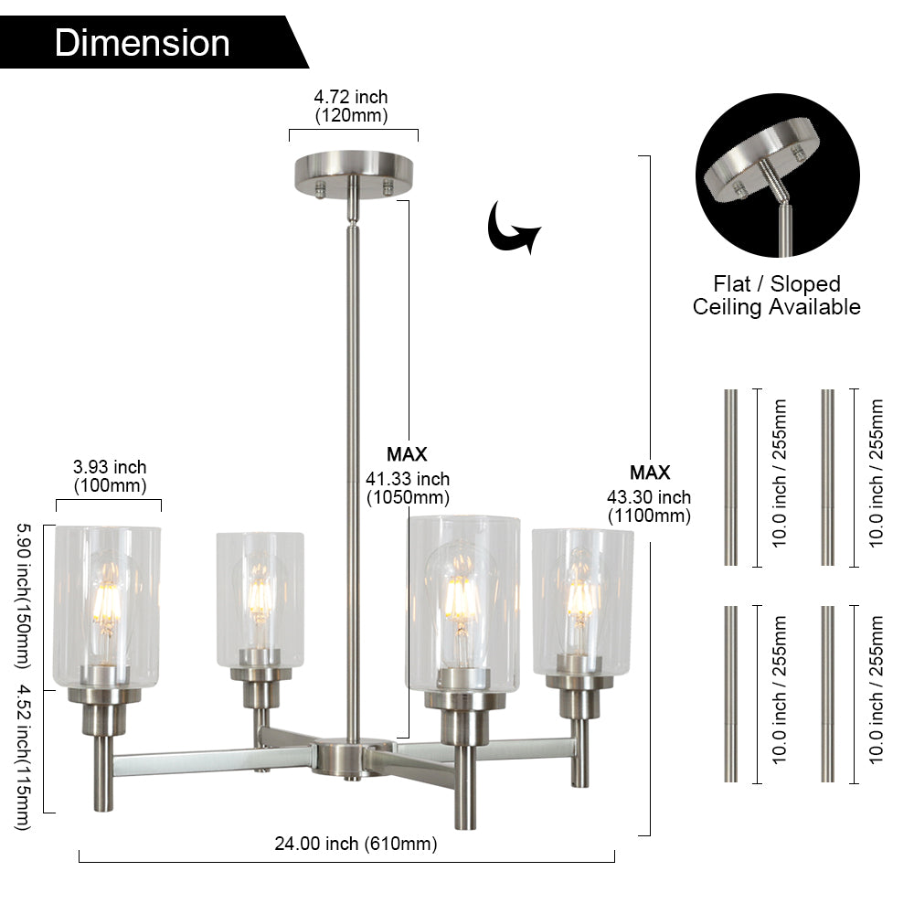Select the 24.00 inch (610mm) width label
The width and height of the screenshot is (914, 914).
click(356, 844)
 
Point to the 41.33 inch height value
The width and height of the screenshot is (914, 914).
click(408, 479)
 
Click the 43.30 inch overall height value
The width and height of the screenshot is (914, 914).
click(649, 498)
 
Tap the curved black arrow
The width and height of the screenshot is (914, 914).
click(512, 228)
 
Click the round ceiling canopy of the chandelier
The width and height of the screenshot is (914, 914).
click(354, 171)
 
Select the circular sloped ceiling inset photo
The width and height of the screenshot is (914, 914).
click(777, 187)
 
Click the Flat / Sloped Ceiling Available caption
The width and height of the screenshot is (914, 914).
click(777, 295)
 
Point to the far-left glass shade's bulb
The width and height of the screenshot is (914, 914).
click(107, 603)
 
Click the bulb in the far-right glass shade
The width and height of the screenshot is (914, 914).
click(581, 599)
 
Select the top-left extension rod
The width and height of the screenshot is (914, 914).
click(730, 477)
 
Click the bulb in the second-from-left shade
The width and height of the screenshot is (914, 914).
click(260, 594)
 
